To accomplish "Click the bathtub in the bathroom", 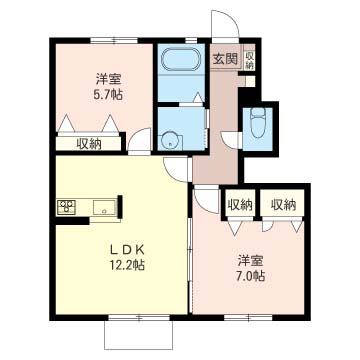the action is [181, 59].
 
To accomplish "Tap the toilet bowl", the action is [258, 122].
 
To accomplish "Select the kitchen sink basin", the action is [104, 207].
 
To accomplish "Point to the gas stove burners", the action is [67, 207].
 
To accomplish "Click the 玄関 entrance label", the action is [226, 59].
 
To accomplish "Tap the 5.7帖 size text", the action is [109, 95].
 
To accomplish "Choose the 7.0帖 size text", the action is [251, 276].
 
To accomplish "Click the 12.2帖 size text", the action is [127, 265].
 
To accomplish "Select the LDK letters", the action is [127, 249].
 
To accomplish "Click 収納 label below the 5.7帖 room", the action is [89, 144].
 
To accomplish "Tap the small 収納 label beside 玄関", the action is [249, 60].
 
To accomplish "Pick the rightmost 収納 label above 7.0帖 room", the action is [283, 205].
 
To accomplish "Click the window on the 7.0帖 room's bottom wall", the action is [248, 318].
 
